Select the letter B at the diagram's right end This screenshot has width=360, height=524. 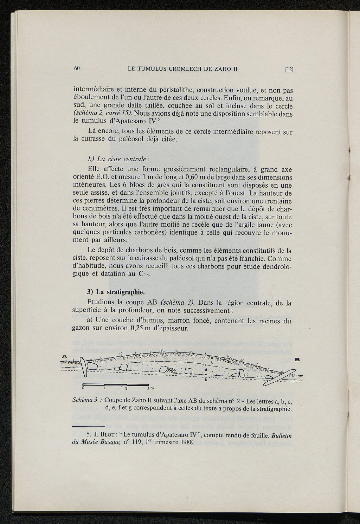297,359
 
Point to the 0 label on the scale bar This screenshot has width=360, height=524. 83,388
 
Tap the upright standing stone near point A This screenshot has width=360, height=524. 84,367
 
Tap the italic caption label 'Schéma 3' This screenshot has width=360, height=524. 84,400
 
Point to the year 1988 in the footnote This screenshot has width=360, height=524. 186,442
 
